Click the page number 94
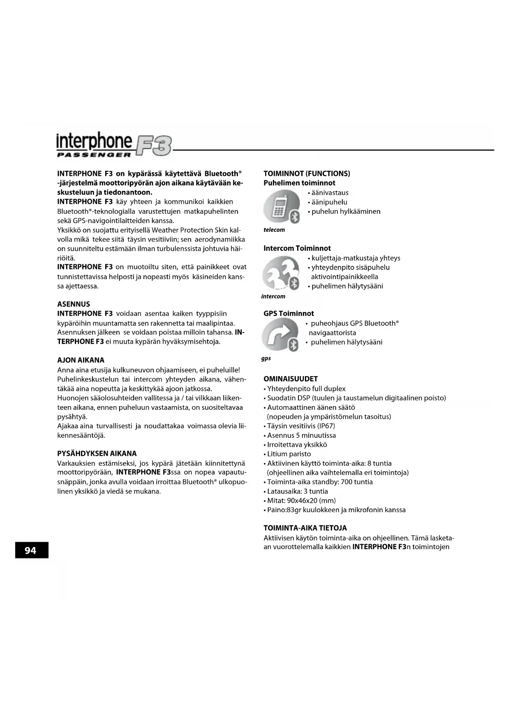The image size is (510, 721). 31,550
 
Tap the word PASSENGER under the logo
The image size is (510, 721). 94,155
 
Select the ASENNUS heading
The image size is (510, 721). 74,304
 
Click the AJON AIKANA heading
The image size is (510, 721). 81,360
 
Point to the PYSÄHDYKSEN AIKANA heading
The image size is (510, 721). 97,454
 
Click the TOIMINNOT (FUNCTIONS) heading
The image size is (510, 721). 307,173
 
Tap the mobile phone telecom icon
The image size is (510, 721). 282,207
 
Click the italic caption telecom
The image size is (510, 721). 274,230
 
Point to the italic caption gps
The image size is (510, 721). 266,358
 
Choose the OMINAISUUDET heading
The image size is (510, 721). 291,379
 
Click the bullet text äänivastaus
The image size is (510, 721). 330,193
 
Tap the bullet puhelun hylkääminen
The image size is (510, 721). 346,212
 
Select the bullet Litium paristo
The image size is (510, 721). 289,454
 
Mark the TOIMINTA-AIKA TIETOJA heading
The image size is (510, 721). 305,528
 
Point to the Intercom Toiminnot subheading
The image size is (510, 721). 297,248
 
